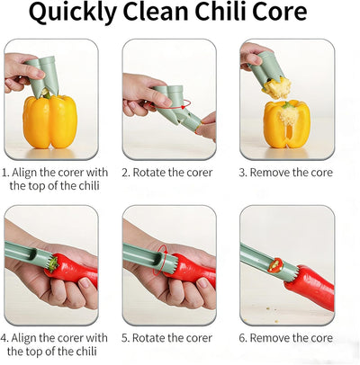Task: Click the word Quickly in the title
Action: point(72,12)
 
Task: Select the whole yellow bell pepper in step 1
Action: point(50,121)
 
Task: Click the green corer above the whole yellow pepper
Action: point(42,76)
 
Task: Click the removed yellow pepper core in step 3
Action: point(277,87)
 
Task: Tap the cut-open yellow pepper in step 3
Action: point(286,125)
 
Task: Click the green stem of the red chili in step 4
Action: point(53,264)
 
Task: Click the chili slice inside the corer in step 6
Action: point(275,265)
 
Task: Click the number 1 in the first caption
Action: point(4,173)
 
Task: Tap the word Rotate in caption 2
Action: point(149,173)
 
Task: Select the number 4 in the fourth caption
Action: point(4,338)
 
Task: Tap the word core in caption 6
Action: point(321,338)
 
